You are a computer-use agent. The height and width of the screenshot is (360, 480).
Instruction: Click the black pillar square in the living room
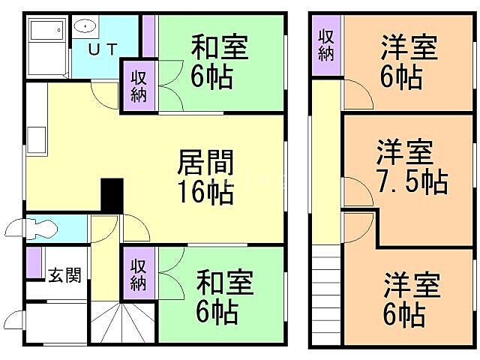point(112,196)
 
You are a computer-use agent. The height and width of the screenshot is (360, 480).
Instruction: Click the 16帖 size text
point(205,193)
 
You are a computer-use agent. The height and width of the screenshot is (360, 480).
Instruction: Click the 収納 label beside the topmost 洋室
point(325,44)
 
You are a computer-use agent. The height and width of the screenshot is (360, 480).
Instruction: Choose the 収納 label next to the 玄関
point(139,274)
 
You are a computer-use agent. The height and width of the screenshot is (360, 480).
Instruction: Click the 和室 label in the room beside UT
point(219,47)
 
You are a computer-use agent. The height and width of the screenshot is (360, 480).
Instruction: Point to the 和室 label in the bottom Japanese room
point(225,283)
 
